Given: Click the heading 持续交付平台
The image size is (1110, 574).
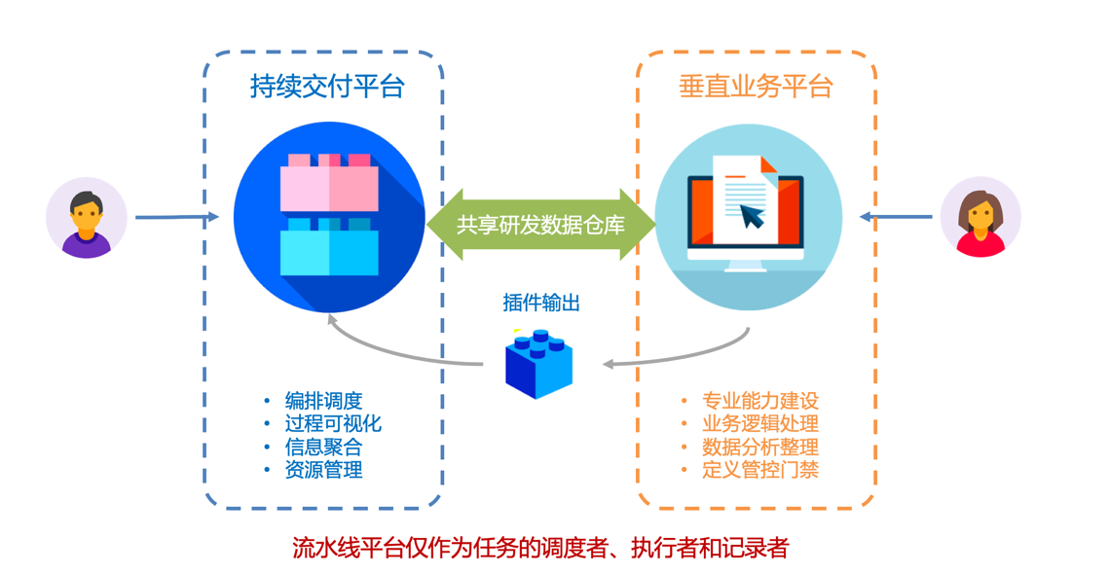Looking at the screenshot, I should tap(326, 87).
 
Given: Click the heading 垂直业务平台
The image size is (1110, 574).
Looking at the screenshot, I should tap(756, 87).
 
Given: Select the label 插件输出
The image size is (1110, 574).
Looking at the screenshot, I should tap(540, 303).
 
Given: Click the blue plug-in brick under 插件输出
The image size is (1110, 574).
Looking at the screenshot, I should tap(538, 365).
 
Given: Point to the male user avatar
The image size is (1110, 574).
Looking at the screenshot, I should tap(87, 217).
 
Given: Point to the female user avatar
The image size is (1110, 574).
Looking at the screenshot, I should tap(980, 217).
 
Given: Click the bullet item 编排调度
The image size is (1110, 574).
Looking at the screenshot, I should tap(323, 400).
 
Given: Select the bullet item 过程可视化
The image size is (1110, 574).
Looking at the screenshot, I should tap(333, 423).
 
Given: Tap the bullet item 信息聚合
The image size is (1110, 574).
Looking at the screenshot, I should tap(323, 447).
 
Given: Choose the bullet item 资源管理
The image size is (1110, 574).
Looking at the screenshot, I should tap(323, 470).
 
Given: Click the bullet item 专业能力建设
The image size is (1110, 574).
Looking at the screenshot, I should tap(760, 400).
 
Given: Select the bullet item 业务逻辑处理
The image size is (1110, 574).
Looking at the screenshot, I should tap(760, 423).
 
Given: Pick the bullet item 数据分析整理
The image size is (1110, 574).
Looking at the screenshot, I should tap(760, 447).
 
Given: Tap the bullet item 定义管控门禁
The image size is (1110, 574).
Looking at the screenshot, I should tap(760, 470).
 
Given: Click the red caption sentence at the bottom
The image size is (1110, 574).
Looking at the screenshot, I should tap(540, 548).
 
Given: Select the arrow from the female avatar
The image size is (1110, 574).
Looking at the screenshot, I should tap(896, 217).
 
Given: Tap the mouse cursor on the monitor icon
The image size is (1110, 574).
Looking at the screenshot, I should tap(753, 214).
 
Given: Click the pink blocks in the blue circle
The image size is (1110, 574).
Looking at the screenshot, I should tap(328, 184).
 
